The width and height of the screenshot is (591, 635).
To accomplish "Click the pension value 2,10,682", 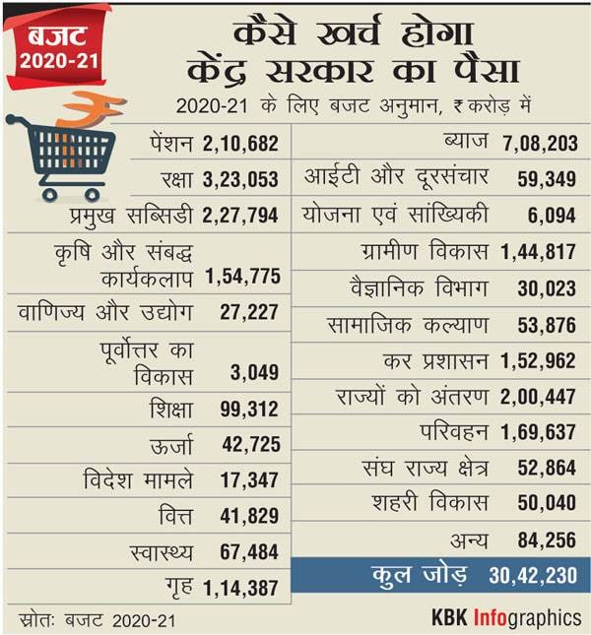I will point(241,144).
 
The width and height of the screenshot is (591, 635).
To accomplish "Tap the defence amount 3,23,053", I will point(241,180).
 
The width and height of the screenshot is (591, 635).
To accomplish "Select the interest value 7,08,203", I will point(538,144).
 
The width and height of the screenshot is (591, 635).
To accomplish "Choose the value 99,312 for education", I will point(250,409).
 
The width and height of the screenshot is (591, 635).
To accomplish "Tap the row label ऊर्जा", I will point(173,445).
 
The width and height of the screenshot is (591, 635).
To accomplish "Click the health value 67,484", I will point(250,553).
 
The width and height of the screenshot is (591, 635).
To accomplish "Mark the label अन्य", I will point(468,540).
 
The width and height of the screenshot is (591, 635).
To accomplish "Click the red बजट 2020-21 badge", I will point(59,48).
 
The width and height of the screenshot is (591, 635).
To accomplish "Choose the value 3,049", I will point(256,372).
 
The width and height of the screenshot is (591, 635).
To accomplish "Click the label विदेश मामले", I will point(139,481).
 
